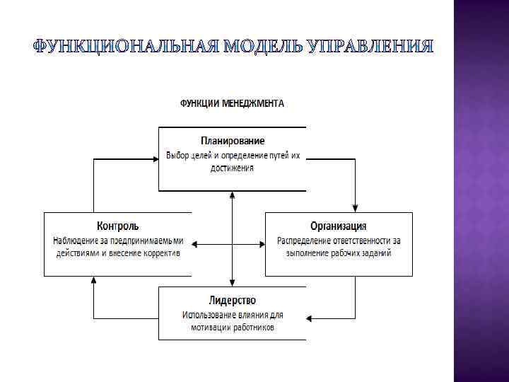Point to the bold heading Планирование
click(232, 141)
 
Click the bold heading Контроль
click(117, 226)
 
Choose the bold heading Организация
click(339, 226)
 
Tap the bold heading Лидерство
click(232, 301)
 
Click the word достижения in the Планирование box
click(232, 168)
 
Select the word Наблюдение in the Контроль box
click(76, 240)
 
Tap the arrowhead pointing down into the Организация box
click(356, 208)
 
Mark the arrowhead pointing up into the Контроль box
click(93, 280)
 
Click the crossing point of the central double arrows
click(232, 245)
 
